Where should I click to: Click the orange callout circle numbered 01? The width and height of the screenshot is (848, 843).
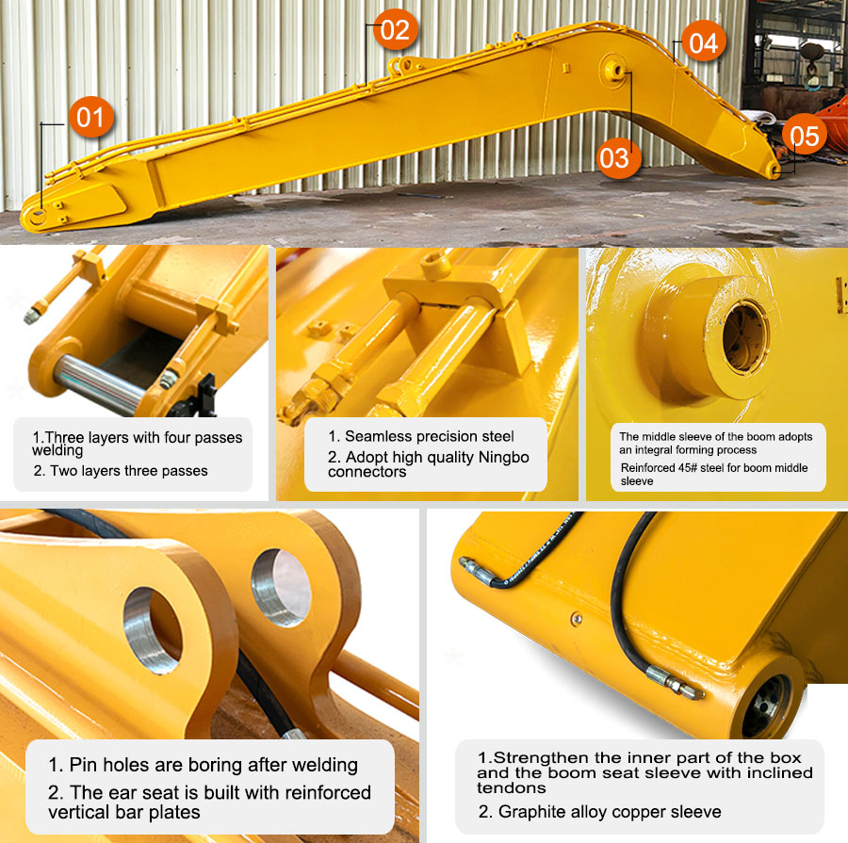point(90,118)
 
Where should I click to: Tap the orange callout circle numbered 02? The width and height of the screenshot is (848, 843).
point(395,29)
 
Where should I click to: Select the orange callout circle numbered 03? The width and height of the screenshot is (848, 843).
point(619,157)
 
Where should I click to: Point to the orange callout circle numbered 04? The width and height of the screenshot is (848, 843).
point(703,41)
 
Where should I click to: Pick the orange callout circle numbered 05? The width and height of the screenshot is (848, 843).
point(805,135)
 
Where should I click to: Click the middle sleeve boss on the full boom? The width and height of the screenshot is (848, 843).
point(614,71)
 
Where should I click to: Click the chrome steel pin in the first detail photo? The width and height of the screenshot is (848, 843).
point(97,381)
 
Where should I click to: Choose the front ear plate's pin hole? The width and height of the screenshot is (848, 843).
point(153,630)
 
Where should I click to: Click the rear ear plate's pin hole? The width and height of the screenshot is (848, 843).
point(281,588)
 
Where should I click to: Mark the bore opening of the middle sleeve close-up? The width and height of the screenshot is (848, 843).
point(745,337)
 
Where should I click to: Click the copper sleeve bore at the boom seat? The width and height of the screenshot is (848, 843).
point(767,705)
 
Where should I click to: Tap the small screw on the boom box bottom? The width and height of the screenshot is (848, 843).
point(577,618)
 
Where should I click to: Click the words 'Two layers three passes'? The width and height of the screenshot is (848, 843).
point(129,471)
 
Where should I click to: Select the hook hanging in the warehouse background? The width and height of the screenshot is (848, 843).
point(812,68)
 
